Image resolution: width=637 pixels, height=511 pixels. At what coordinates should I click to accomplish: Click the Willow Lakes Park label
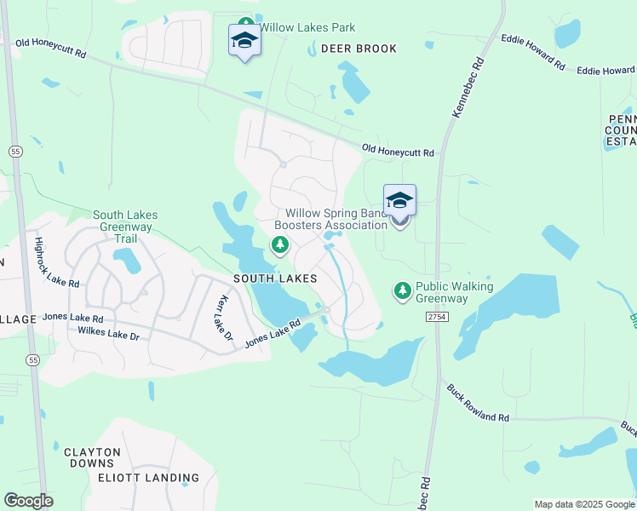click(x=307, y=28)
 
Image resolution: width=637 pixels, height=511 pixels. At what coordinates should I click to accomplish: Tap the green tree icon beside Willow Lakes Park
click(x=245, y=26)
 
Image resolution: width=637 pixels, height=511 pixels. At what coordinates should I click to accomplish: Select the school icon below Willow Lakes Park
click(x=244, y=40)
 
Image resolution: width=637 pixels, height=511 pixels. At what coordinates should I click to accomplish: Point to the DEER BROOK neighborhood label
click(x=359, y=49)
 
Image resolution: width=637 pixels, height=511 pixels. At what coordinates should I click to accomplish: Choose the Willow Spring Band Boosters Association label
click(x=336, y=219)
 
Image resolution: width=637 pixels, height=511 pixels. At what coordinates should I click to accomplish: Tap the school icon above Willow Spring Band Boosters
click(x=399, y=201)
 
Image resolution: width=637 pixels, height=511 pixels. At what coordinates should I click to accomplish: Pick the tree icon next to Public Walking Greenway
click(x=402, y=291)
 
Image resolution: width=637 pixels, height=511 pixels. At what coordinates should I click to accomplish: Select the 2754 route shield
click(x=437, y=316)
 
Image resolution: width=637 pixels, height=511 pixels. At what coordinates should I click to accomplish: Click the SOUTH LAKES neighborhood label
click(x=275, y=278)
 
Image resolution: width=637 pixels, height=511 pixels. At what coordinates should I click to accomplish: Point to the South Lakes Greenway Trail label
click(x=125, y=227)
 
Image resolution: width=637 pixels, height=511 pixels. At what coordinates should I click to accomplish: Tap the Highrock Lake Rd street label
click(x=56, y=261)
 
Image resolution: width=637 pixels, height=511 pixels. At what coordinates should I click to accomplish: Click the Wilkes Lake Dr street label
click(x=108, y=333)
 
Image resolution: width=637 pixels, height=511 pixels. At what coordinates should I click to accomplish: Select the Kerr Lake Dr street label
click(x=225, y=319)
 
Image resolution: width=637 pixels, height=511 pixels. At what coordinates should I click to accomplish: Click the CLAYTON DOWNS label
click(x=92, y=457)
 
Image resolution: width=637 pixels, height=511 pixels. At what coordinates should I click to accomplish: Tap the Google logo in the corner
click(x=28, y=501)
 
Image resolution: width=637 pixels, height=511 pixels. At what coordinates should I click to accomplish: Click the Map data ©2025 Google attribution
click(x=583, y=504)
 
